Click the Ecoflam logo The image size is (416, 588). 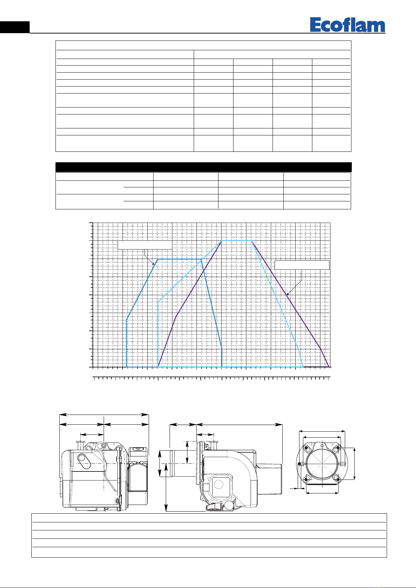pyautogui.click(x=348, y=25)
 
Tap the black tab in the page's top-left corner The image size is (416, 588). pyautogui.click(x=15, y=27)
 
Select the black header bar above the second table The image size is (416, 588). pyautogui.click(x=203, y=167)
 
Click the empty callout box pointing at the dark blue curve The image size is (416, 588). pyautogui.click(x=145, y=245)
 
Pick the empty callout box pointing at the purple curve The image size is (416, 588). pyautogui.click(x=302, y=265)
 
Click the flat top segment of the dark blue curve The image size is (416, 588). pyautogui.click(x=179, y=259)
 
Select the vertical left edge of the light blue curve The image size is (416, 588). pyautogui.click(x=158, y=334)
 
